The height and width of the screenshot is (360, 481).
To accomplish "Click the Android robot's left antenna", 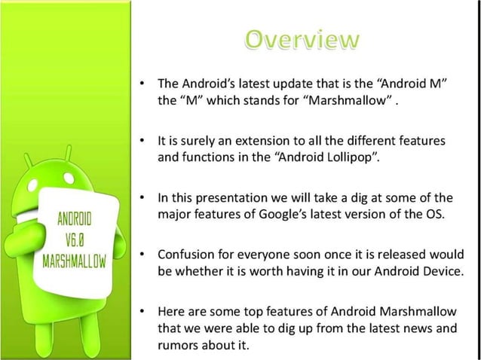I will point(28,163).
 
